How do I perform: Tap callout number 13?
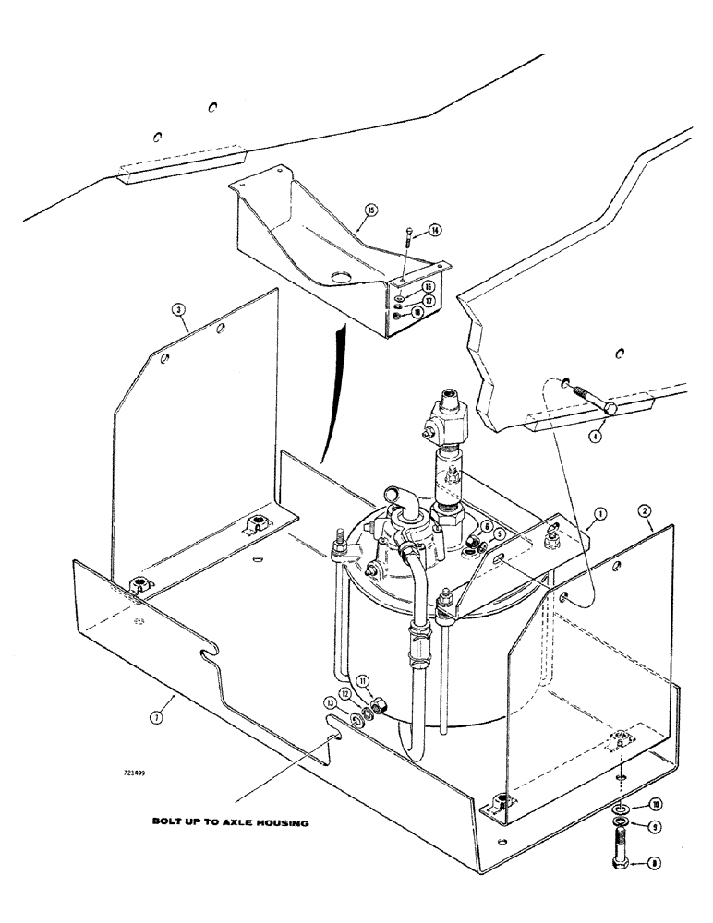pos(330,702)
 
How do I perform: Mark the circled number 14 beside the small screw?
pos(434,229)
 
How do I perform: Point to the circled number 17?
pos(430,301)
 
